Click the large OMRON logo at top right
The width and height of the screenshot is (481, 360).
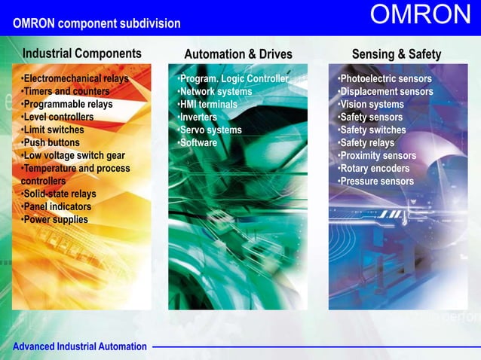(421, 15)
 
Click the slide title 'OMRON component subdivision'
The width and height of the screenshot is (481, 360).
(97, 23)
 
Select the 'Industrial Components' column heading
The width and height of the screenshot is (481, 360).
(81, 53)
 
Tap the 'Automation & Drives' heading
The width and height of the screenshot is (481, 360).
(238, 54)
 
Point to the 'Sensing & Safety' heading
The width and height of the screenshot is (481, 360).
(397, 54)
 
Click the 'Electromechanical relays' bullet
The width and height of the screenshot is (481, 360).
(74, 79)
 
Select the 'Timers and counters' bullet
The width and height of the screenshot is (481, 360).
(65, 92)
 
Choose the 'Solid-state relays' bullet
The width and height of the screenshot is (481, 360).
(58, 194)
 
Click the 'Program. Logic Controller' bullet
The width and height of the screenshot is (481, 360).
(233, 79)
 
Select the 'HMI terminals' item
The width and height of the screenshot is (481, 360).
(207, 105)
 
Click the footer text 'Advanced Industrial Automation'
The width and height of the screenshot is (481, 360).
(79, 346)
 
